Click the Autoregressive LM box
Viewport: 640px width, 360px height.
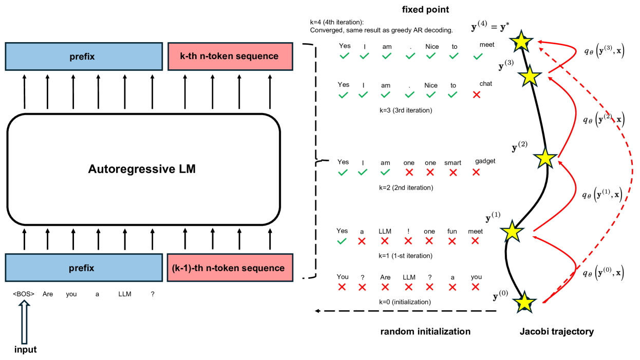pyautogui.click(x=143, y=169)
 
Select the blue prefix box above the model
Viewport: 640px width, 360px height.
pyautogui.click(x=82, y=56)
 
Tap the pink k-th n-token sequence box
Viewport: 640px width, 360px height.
pyautogui.click(x=230, y=56)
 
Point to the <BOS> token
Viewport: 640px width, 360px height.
pyautogui.click(x=24, y=294)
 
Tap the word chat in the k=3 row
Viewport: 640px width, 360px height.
pyautogui.click(x=485, y=84)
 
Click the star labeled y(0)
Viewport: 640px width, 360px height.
pyautogui.click(x=525, y=302)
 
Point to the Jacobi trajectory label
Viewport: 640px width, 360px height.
pyautogui.click(x=557, y=332)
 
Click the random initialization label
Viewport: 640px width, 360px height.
pyautogui.click(x=425, y=332)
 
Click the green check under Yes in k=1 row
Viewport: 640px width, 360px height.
pyautogui.click(x=342, y=241)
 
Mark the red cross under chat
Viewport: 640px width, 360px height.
pyautogui.click(x=476, y=95)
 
